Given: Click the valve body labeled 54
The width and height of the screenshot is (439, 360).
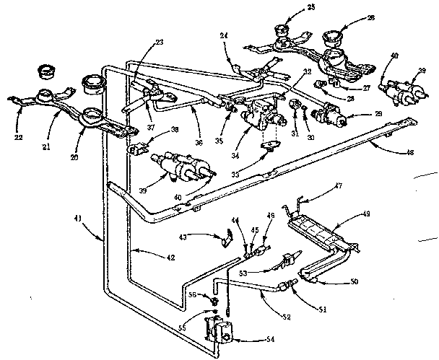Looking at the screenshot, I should pos(219,330).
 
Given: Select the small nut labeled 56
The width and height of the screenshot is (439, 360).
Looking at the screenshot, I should pos(215,298).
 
